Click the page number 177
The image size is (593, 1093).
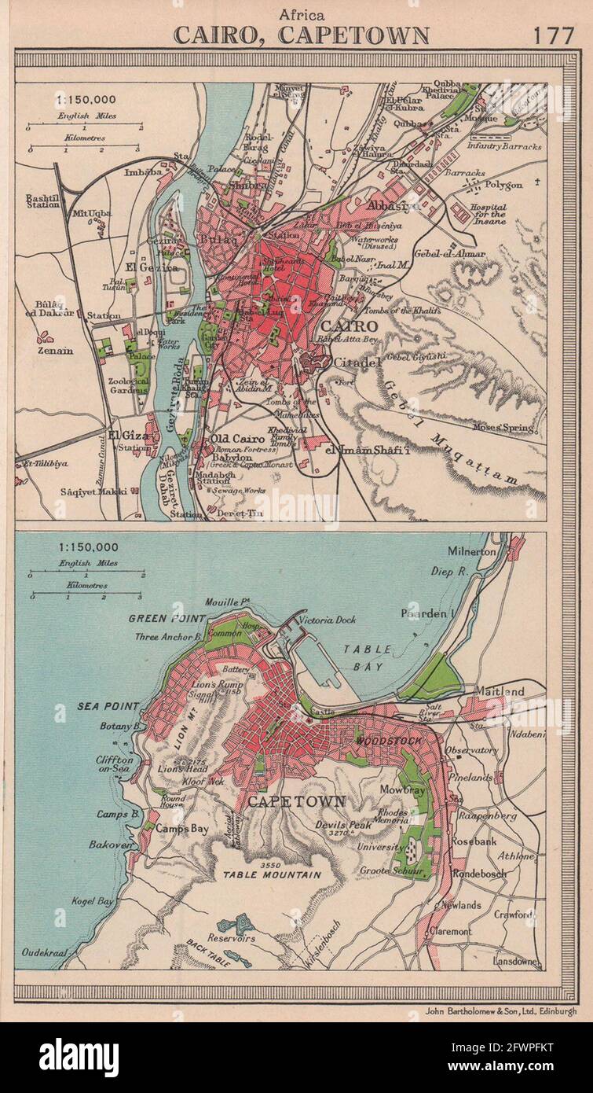click(554, 35)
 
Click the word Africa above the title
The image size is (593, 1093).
click(301, 13)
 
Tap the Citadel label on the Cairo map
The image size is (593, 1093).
click(357, 362)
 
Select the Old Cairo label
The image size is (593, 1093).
click(229, 439)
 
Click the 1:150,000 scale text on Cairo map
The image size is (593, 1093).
click(86, 101)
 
